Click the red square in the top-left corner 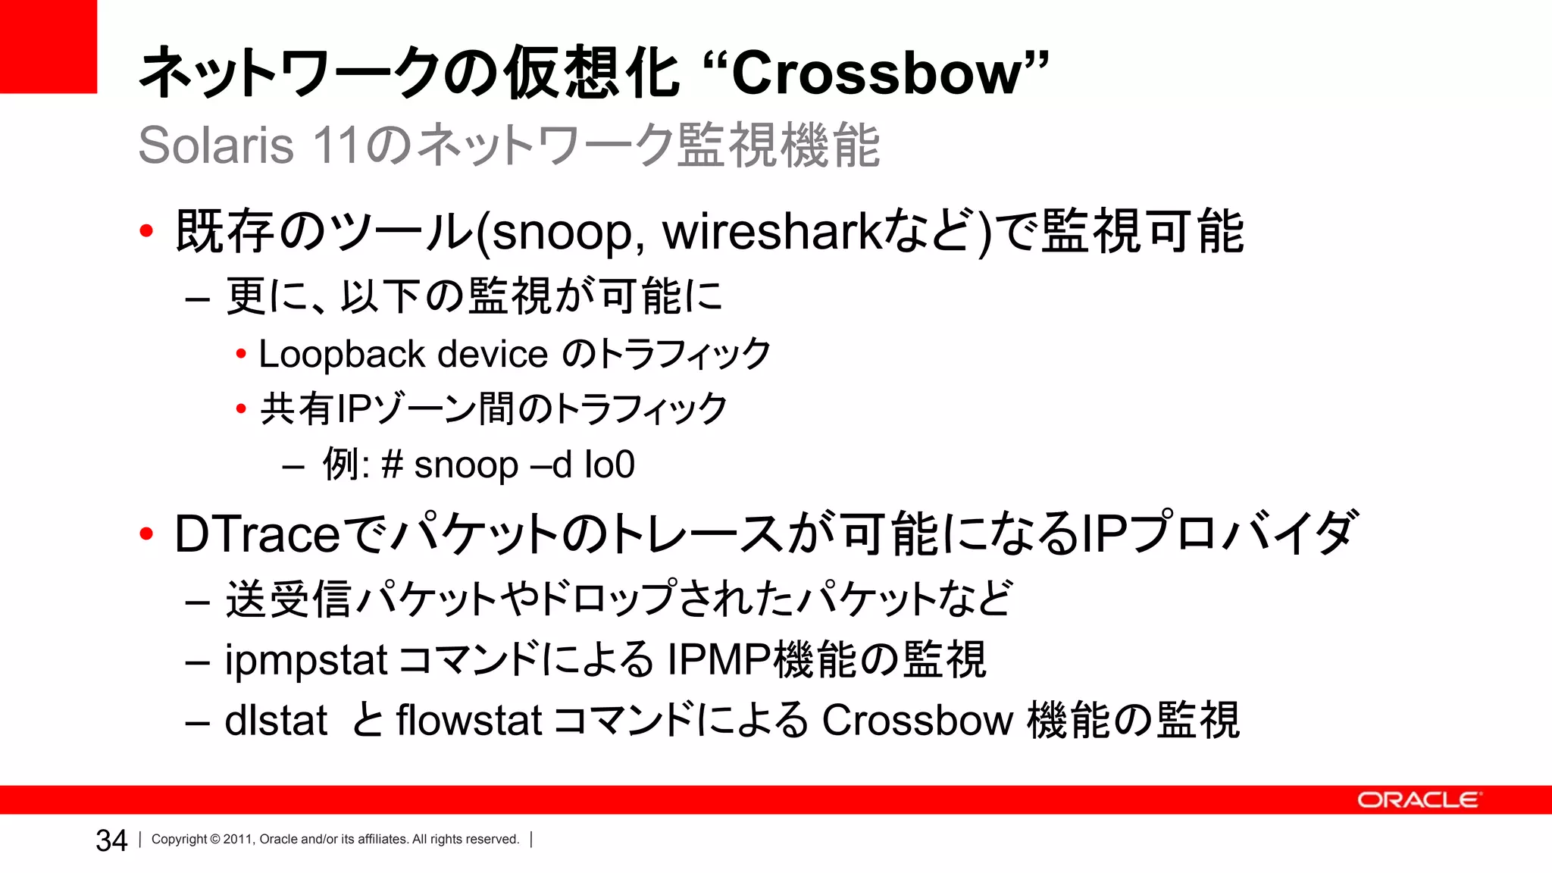coord(48,46)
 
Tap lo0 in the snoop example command coord(609,465)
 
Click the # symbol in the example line coord(393,465)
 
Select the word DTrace coord(258,534)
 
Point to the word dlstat coord(276,720)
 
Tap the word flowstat coord(468,720)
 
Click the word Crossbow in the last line coord(918,720)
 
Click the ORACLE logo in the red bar coord(1417,800)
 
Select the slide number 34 coord(111,840)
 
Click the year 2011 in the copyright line coord(237,840)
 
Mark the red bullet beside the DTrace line coord(147,534)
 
